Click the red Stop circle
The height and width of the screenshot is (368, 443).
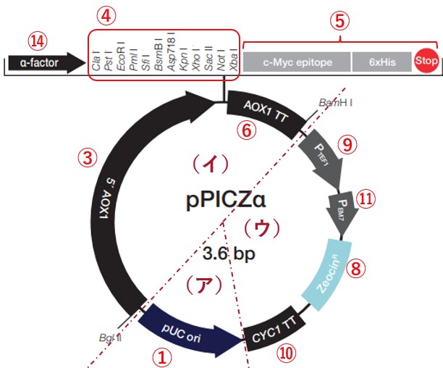coord(426,62)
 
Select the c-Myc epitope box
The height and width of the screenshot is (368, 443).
coord(297,62)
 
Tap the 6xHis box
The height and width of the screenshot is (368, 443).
coord(381,62)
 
